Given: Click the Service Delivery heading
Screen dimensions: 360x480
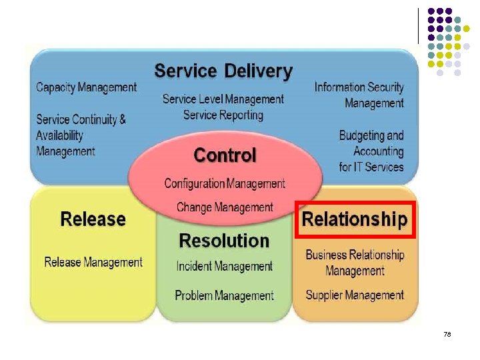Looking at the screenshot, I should (223, 71).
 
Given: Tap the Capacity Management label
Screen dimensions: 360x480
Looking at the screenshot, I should (86, 87).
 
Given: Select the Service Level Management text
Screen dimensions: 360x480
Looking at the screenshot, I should (223, 99).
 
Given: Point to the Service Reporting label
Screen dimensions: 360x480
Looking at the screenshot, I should (223, 115).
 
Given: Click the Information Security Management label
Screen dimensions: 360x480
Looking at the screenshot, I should (359, 95).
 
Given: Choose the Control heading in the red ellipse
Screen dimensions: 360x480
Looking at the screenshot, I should (225, 155).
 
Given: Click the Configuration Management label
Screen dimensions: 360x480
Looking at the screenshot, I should (225, 183).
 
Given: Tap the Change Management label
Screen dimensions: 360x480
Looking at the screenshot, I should (225, 207).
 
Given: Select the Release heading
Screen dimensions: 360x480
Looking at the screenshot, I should (93, 219).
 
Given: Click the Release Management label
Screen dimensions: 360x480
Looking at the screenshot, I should (93, 262).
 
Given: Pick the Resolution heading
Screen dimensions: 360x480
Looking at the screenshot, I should (224, 241).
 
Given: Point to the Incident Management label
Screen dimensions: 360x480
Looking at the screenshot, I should (225, 266).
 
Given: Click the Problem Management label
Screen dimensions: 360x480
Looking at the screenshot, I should (225, 295).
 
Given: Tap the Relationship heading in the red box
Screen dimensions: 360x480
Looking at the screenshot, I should (355, 219).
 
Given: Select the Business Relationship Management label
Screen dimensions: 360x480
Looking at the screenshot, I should (355, 263).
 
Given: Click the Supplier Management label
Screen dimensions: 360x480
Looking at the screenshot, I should (355, 295).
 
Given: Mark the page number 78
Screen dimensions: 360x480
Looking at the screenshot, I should (447, 333).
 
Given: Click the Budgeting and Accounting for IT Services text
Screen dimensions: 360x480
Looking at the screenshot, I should (371, 151).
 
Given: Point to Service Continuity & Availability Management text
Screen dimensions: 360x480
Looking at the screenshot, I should (81, 135).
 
